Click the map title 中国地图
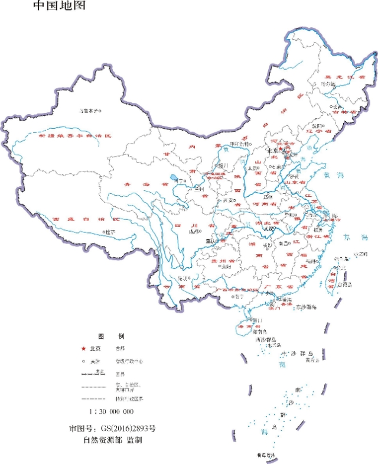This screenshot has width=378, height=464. click(59, 7)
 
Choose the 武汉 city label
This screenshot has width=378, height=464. click(269, 229)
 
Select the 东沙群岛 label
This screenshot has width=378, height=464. click(306, 307)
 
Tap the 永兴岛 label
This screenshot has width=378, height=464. click(273, 345)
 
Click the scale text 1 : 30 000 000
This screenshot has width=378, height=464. click(110, 411)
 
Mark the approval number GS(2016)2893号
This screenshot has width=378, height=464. click(112, 427)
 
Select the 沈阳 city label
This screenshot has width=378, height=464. click(317, 126)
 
